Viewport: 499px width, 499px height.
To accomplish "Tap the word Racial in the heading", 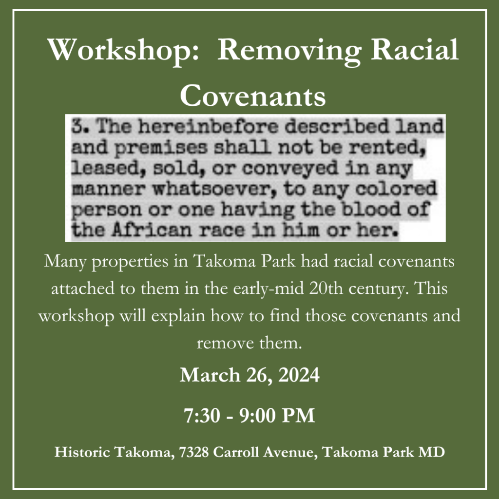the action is click(414, 49).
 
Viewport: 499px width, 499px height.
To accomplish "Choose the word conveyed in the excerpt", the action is click(290, 169).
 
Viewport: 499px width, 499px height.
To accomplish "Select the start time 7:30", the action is click(202, 415).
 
